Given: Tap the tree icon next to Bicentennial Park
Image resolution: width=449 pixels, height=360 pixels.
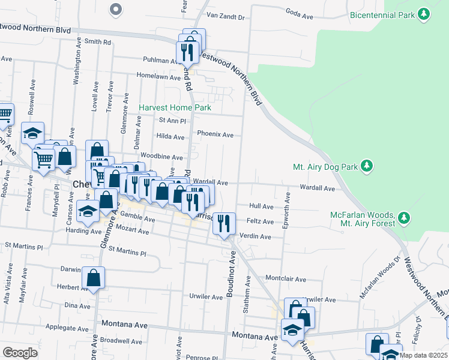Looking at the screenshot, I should click(424, 13).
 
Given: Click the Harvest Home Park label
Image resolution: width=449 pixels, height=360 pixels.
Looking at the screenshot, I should click(175, 108).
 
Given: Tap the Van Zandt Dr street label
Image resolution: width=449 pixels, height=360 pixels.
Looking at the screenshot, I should click(225, 17).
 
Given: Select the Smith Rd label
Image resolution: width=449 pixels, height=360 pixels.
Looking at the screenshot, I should click(98, 42).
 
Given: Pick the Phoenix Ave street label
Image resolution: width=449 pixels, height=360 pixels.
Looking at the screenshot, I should click(215, 135).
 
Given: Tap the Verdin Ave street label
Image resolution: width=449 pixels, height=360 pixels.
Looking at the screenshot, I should click(255, 237).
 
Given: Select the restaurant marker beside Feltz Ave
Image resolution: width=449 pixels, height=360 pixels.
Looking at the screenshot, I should click(224, 223).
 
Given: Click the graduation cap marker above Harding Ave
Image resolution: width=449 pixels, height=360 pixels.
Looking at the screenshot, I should click(88, 211).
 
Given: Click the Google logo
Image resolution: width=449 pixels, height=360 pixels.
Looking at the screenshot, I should click(20, 353).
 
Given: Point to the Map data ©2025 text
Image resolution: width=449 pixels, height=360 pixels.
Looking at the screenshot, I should click(423, 355).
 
